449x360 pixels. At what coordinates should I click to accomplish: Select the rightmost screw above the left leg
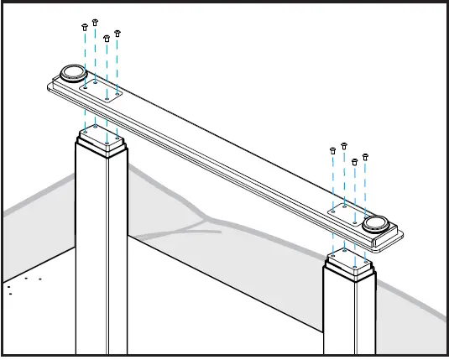coord(117,32)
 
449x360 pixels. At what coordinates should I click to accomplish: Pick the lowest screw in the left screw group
coord(106,37)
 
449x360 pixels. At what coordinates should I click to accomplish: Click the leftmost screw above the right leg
coord(333,149)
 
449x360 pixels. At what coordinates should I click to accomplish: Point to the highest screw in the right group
coord(344,144)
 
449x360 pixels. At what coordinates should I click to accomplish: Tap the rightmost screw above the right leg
coord(365,155)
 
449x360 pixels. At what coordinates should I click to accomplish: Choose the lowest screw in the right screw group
coord(354,160)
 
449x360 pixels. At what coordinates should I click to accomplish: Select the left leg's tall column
coord(101,252)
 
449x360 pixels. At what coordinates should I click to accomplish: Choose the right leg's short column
coord(348,315)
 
